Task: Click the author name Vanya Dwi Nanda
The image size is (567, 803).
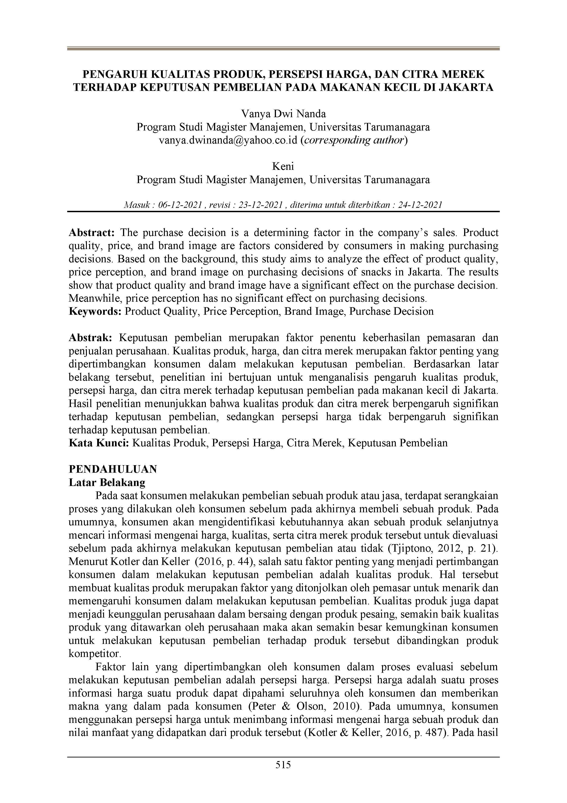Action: click(283, 114)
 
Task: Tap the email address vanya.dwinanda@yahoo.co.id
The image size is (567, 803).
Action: click(228, 140)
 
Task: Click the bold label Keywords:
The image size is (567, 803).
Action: click(95, 311)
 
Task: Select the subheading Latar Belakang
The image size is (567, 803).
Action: click(107, 483)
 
